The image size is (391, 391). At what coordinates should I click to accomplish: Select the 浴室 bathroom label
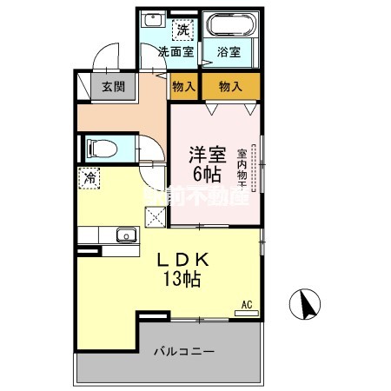click(x=229, y=51)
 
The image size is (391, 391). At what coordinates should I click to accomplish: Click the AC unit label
click(x=246, y=304)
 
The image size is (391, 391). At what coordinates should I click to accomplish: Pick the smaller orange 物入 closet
click(x=182, y=86)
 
